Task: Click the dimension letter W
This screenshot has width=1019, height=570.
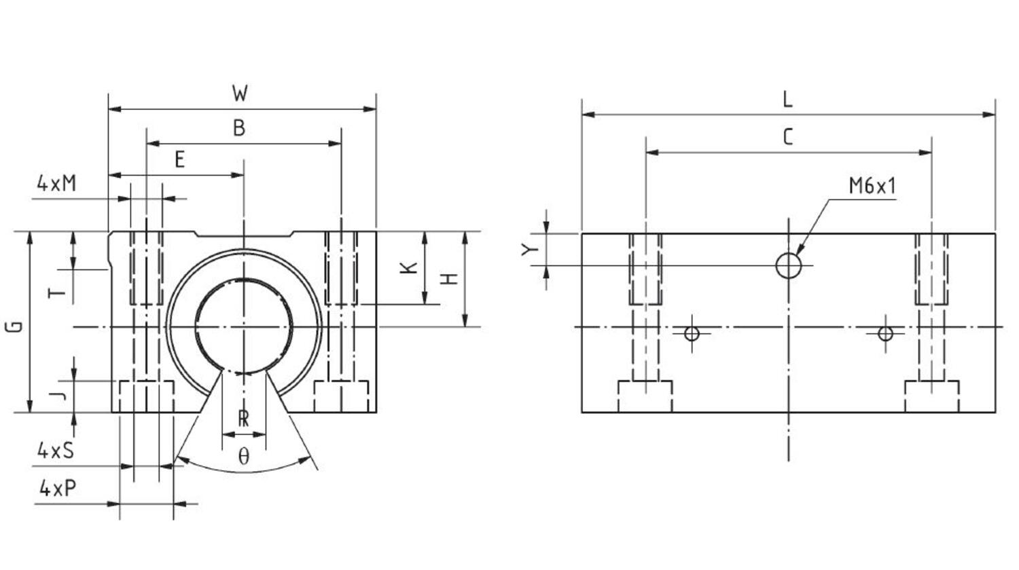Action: pos(240,93)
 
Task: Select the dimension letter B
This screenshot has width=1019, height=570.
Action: pos(239,128)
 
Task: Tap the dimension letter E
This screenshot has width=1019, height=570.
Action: pos(179,160)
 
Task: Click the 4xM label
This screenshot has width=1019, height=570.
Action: pos(56,183)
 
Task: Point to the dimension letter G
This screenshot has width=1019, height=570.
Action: pos(14,326)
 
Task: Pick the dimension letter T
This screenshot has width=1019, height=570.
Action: pos(58,292)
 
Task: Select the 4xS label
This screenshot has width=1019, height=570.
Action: pos(55,450)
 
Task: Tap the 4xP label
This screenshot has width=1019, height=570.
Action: pos(58,488)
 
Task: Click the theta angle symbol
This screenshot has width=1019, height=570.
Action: pos(243,456)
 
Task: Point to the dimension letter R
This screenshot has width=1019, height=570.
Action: pos(243,419)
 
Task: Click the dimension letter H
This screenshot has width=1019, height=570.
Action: pos(449,279)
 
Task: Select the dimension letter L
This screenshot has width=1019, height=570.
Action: pos(787,100)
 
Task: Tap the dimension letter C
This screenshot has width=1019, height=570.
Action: pos(787,138)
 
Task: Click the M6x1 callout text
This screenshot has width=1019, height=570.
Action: pos(872,186)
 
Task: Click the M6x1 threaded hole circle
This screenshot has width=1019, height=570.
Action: pos(788,265)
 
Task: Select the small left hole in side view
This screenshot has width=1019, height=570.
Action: pos(692,333)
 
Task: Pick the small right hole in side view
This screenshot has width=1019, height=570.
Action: pos(884,333)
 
